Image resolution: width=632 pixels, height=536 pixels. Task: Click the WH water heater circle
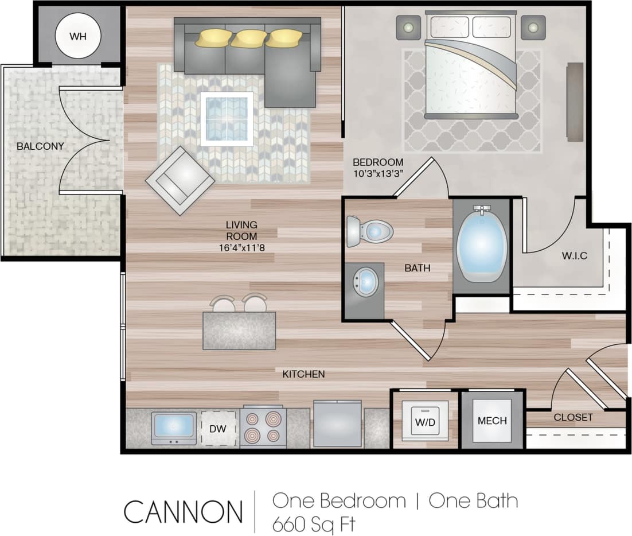[x=77, y=37]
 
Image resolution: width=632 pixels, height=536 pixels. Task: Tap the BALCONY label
[x=40, y=146]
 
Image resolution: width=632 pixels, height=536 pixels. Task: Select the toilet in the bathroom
[x=370, y=231]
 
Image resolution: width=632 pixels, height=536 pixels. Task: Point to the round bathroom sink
[x=365, y=282]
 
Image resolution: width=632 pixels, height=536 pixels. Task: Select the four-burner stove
[x=263, y=428]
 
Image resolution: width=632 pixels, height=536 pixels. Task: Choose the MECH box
[x=492, y=421]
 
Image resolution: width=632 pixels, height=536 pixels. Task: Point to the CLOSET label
[x=573, y=417]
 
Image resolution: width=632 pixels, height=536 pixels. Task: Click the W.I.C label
[x=574, y=256]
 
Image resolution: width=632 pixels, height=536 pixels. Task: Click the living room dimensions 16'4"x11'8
[x=241, y=248]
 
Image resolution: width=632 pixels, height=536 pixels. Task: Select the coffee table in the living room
[x=227, y=119]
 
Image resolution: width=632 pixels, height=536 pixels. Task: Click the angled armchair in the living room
[x=180, y=180]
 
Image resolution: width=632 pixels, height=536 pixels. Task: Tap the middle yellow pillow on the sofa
[x=248, y=38]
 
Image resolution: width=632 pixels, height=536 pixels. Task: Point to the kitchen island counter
[x=239, y=331]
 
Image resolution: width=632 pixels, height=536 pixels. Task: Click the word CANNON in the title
[x=183, y=511]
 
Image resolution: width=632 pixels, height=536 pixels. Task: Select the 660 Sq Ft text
[x=314, y=523]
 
